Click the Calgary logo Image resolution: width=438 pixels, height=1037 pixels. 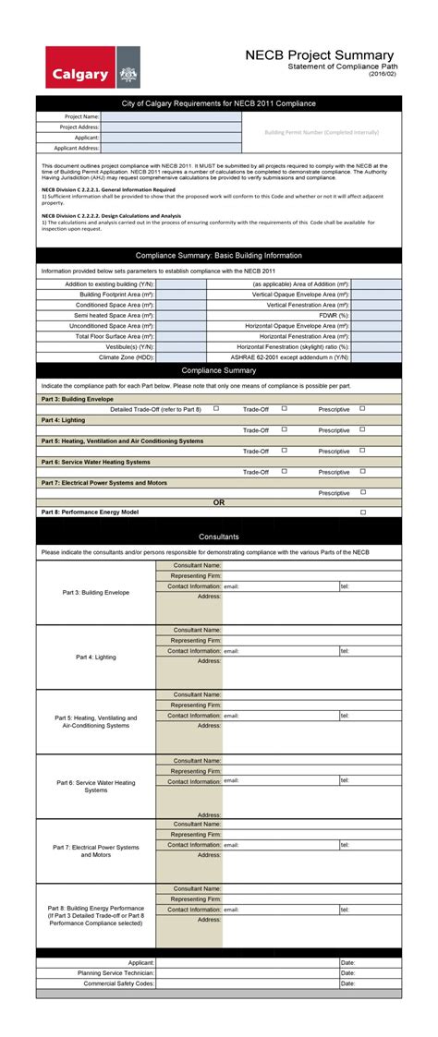coord(92,67)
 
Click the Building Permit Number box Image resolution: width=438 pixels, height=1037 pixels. coord(322,132)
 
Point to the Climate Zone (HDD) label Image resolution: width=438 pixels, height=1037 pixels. coord(127,356)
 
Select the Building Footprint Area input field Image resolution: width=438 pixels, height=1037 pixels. coord(181,295)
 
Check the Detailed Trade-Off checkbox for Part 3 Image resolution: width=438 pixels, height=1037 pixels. coord(216,408)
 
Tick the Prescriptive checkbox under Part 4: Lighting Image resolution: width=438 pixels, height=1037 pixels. coord(362,429)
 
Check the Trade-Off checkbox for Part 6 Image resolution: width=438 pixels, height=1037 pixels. coord(285,471)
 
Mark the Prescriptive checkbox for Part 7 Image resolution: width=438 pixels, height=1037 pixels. coord(362,492)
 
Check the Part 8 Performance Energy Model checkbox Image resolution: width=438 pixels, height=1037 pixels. coord(362,512)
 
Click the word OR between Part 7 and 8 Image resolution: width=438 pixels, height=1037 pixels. coord(219,502)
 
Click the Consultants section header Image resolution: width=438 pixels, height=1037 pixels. coord(219,537)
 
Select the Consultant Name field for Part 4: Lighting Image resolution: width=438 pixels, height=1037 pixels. coord(311,630)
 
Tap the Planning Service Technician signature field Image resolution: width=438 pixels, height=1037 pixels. coord(247,972)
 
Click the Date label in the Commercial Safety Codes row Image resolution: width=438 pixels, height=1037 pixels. coord(347,983)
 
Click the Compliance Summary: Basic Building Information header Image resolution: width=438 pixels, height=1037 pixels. coord(219,255)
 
